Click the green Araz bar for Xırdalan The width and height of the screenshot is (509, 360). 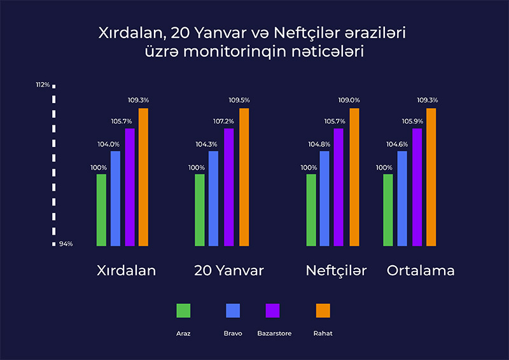click(x=101, y=209)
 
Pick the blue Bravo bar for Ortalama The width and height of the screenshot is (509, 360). click(x=402, y=198)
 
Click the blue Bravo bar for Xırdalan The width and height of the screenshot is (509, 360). click(x=115, y=198)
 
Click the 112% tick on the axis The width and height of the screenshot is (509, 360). click(x=43, y=85)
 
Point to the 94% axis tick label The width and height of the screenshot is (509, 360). click(x=66, y=244)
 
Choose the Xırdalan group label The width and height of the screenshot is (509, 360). click(x=126, y=270)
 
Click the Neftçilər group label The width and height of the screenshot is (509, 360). click(x=336, y=270)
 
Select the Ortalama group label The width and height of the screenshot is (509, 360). click(x=421, y=270)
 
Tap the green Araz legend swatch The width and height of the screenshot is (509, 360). click(x=183, y=310)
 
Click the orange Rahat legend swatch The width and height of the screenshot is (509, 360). click(x=323, y=310)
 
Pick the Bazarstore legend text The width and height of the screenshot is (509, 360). click(x=274, y=333)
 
